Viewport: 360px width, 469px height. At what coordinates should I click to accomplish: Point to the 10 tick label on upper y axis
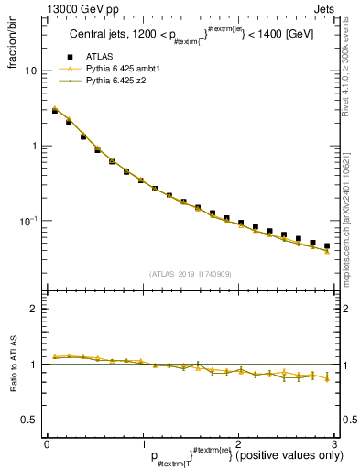coord(31,71)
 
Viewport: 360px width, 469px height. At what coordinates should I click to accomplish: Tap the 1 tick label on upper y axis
coord(35,146)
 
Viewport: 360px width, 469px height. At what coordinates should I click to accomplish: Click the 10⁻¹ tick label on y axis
coord(29,221)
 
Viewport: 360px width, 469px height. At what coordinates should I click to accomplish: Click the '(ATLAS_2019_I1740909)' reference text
coord(190,273)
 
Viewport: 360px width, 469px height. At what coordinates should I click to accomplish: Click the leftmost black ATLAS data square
coord(55,110)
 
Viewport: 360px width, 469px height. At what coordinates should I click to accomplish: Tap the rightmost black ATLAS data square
coord(327,245)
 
